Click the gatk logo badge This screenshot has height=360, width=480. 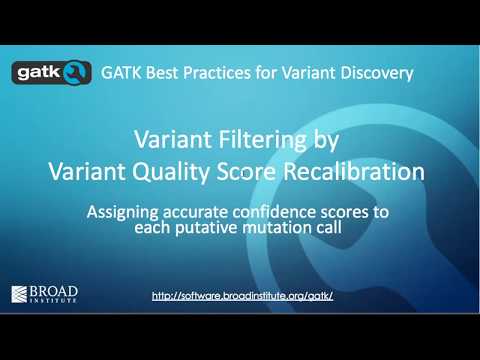[x=51, y=73]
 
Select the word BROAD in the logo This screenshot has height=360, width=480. [x=57, y=290]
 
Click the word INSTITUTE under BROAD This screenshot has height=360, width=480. [x=57, y=300]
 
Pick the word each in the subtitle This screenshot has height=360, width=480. [x=149, y=227]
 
